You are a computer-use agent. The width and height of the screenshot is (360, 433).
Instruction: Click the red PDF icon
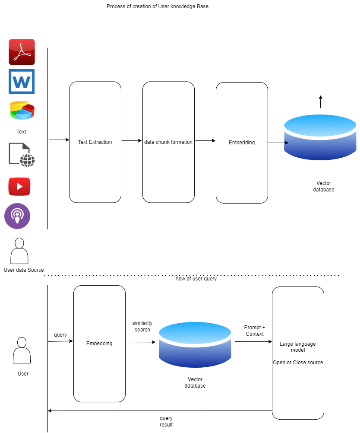coord(22,52)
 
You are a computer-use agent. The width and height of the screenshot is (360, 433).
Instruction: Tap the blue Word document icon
coord(22,81)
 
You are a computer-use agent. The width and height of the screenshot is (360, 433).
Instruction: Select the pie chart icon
coord(22,110)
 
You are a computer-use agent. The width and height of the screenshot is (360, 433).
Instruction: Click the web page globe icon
coord(22,155)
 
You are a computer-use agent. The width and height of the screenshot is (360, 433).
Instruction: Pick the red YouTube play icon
coord(19,187)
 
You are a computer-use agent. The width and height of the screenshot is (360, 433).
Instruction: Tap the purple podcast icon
coord(17,216)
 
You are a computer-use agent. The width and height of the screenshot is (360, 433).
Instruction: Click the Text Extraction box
coord(95,142)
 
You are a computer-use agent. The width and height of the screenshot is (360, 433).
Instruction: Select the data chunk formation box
coord(168,142)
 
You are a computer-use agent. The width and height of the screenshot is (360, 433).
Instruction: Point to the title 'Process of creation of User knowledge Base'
coord(158,6)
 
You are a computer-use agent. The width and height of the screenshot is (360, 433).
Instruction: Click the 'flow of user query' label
coord(196,279)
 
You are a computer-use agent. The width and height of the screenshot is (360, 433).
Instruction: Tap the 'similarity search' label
coord(142,326)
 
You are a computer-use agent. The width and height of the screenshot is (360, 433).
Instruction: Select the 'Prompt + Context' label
coord(255,331)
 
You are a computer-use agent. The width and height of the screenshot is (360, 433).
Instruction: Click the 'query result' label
coord(166,421)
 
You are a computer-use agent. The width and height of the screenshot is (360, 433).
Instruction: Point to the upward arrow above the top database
coord(320,102)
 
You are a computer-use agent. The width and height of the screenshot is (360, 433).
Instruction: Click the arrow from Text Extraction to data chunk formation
coord(132,140)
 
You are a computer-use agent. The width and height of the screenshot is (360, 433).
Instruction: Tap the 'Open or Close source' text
coord(298,363)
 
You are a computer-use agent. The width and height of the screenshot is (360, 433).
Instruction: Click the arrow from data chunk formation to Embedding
coord(205,140)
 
